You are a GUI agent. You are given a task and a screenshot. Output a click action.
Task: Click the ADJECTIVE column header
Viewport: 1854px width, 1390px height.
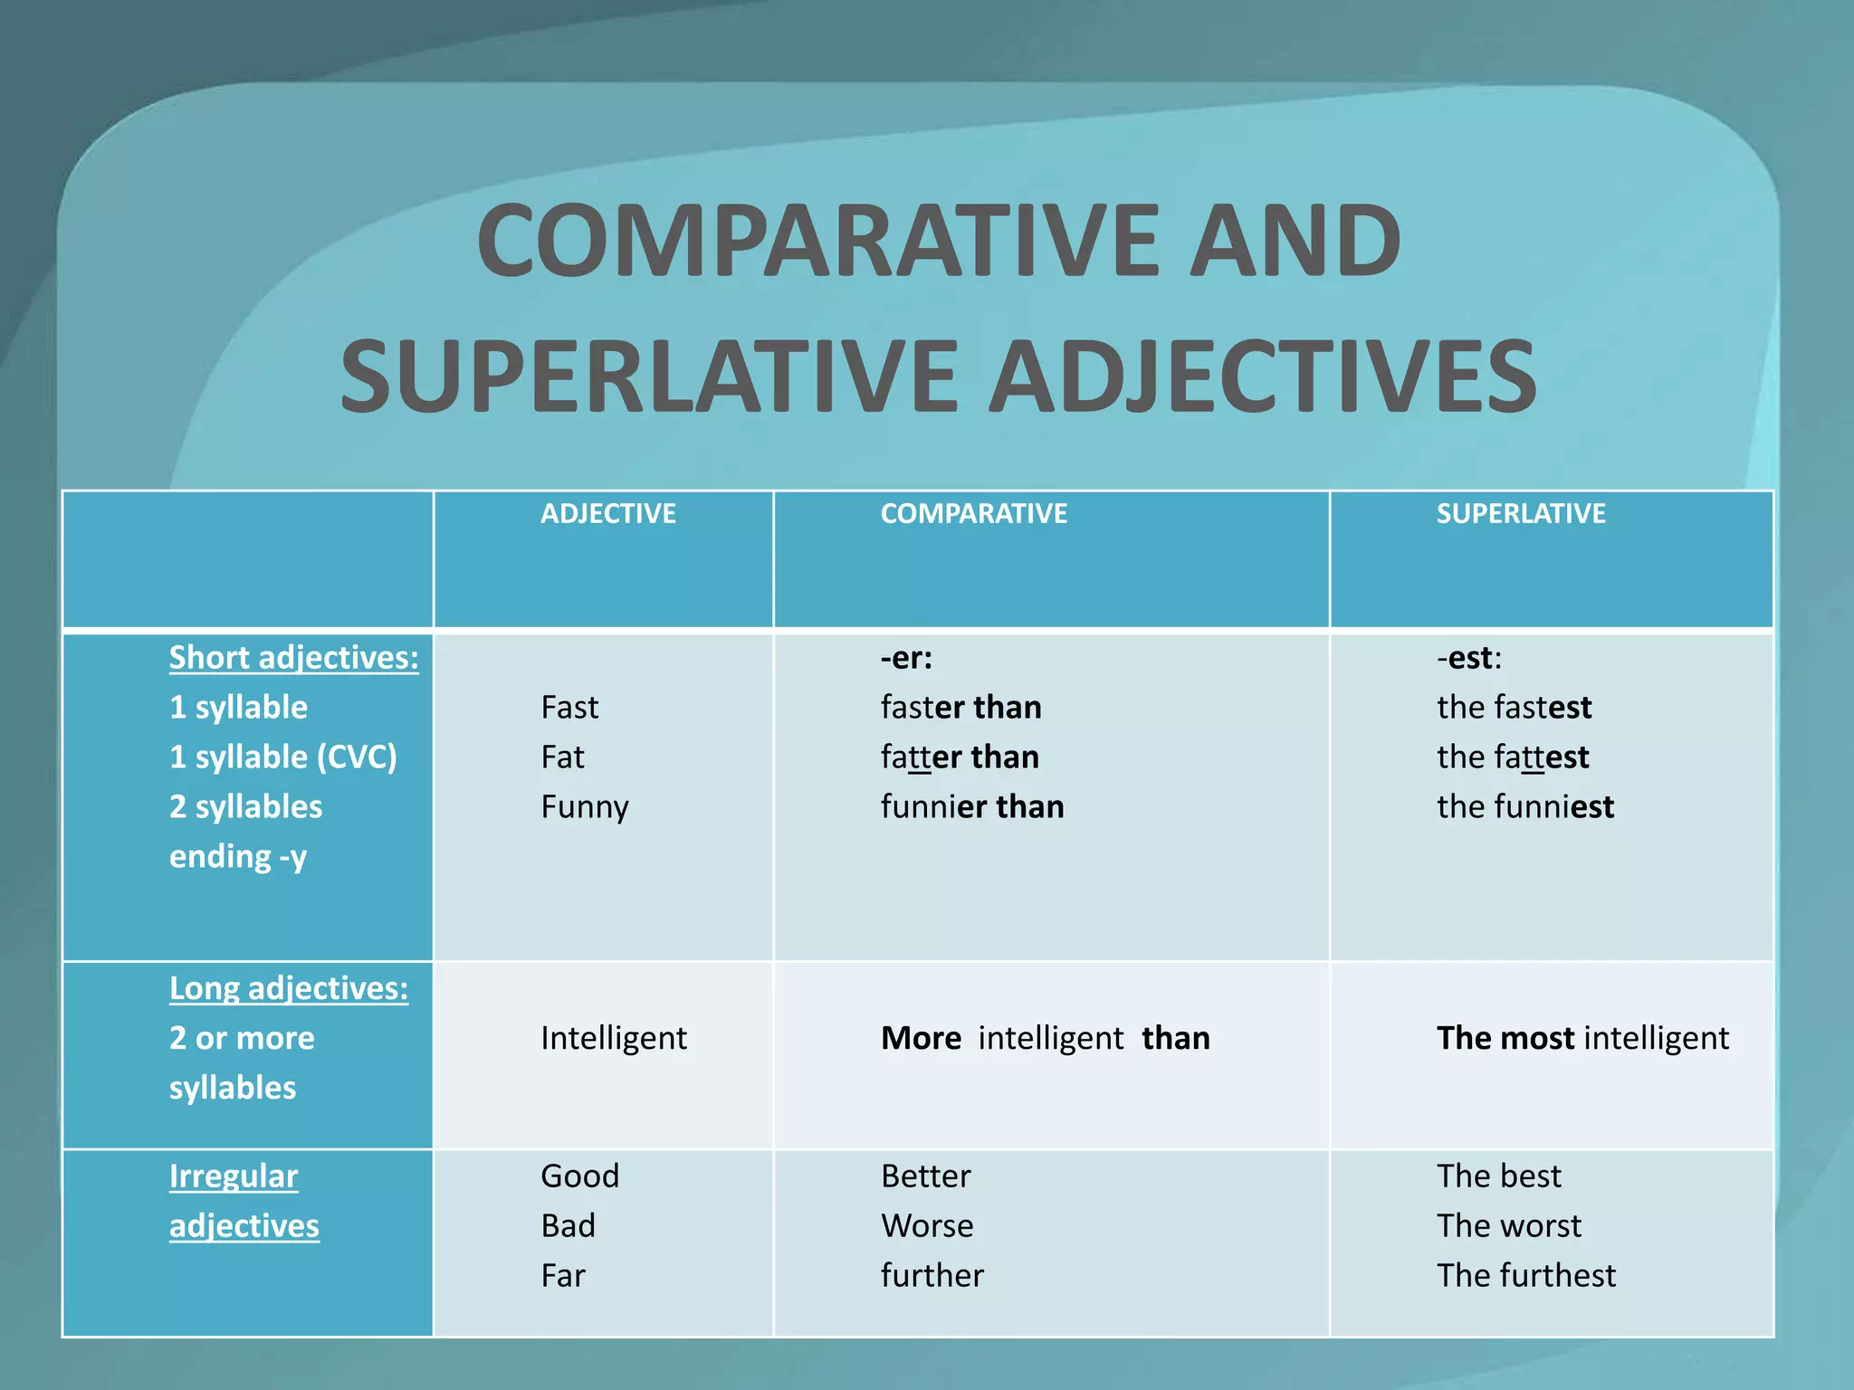(x=607, y=514)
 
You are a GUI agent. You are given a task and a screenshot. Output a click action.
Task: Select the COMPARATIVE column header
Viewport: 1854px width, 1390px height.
(x=973, y=514)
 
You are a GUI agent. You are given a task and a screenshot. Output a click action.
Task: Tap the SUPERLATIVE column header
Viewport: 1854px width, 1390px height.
(x=1520, y=514)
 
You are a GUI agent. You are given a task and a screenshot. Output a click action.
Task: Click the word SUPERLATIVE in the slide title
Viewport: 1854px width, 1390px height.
(x=649, y=376)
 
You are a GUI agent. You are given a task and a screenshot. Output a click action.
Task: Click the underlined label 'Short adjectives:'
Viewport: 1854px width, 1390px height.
(x=293, y=658)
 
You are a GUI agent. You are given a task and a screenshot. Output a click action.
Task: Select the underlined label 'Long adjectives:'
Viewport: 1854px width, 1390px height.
(x=288, y=988)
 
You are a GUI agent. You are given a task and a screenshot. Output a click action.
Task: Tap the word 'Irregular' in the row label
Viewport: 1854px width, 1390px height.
(x=233, y=1176)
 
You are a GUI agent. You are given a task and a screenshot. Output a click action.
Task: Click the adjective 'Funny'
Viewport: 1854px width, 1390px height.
(x=584, y=807)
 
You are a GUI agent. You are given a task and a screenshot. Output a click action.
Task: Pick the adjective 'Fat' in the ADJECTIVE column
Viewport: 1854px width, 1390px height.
(x=562, y=757)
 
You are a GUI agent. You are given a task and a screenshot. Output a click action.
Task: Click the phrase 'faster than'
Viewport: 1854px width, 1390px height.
(x=960, y=708)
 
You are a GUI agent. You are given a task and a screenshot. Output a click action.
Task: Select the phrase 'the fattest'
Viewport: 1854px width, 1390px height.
(x=1512, y=757)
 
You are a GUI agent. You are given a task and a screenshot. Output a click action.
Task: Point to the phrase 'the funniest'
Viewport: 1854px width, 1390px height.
(x=1524, y=807)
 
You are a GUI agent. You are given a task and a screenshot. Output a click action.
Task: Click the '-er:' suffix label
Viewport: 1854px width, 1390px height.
(x=905, y=658)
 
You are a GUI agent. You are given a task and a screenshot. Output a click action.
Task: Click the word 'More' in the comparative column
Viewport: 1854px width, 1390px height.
(x=921, y=1038)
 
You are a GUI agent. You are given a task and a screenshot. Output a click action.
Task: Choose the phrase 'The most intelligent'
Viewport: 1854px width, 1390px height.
(x=1582, y=1038)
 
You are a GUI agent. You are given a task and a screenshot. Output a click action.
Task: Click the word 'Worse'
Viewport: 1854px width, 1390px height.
(x=927, y=1226)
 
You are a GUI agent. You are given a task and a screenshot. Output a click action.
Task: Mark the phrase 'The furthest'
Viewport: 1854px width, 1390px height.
(x=1525, y=1276)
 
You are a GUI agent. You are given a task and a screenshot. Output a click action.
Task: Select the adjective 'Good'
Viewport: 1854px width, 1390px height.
(x=579, y=1176)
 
